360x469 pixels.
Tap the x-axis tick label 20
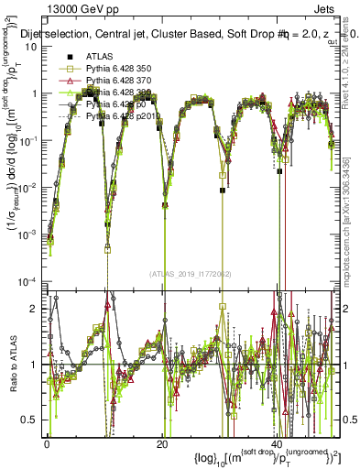click(161, 442)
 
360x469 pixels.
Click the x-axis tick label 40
click(276, 442)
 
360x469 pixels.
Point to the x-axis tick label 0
click(47, 442)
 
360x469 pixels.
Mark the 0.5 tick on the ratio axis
click(35, 420)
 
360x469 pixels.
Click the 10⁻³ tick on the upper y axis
click(30, 234)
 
